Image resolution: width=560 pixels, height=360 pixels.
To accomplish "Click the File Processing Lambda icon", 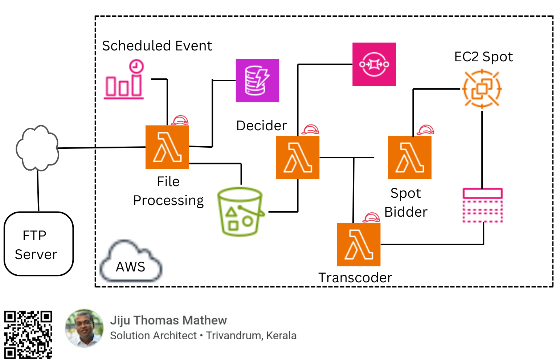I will point(167,147).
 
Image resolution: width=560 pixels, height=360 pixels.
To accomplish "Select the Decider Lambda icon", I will point(298,157).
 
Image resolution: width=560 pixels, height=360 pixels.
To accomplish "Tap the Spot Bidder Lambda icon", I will point(409,157).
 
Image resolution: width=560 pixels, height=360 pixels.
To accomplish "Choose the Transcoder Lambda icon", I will point(359,244).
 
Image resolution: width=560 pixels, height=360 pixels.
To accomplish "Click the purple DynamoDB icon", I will point(257,80).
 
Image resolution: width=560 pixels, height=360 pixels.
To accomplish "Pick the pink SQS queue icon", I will point(374,64).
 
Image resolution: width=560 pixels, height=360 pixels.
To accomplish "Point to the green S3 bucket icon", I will point(240,212).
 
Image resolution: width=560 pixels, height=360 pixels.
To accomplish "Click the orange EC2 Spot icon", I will point(482,89).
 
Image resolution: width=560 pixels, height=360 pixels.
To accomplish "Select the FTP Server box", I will point(38,244).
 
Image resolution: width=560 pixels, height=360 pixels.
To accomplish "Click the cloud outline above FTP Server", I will point(37,148).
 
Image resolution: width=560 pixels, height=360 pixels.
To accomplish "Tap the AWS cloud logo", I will point(131,262).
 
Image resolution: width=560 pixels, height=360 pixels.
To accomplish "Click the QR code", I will point(28,334).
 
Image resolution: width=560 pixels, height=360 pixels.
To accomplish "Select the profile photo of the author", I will point(84,328).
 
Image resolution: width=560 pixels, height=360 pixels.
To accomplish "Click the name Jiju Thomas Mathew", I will point(168,320).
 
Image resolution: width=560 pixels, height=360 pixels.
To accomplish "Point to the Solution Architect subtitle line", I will point(203,336).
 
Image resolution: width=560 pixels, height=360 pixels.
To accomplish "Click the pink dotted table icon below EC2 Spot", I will point(482,205).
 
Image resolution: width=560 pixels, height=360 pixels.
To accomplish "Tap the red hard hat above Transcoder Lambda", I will point(371,217).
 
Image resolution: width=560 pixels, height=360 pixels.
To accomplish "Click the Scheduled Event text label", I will point(157,46).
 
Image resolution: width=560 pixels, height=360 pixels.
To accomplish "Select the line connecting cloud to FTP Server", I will point(38,191).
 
